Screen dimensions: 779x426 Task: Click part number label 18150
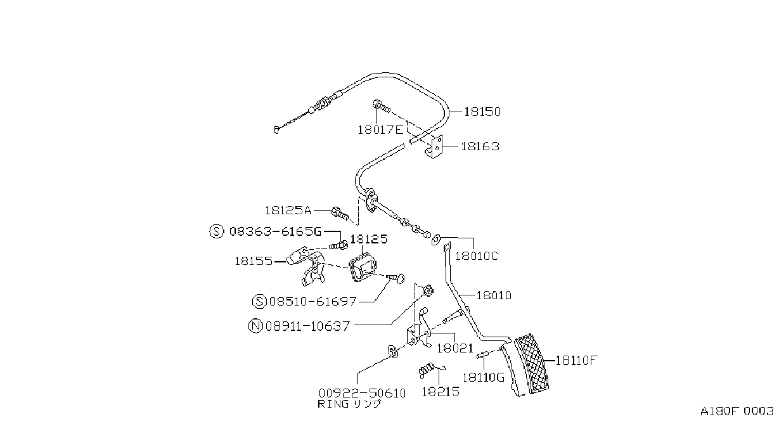(x=482, y=112)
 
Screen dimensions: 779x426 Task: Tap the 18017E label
(x=380, y=130)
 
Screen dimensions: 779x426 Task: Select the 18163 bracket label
(x=480, y=146)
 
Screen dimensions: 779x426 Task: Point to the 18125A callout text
(x=288, y=210)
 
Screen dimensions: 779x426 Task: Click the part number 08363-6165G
(x=276, y=231)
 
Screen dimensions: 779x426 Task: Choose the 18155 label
(x=254, y=261)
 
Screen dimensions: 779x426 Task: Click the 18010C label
(x=477, y=256)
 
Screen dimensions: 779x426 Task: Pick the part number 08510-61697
(x=313, y=301)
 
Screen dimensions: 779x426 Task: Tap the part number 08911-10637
(x=307, y=326)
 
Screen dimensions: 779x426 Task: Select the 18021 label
(x=455, y=348)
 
